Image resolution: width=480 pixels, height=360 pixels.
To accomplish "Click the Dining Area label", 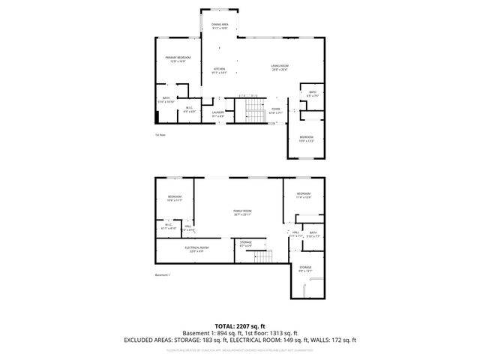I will pyautogui.click(x=220, y=26).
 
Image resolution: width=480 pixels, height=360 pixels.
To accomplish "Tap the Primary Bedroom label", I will pyautogui.click(x=178, y=59).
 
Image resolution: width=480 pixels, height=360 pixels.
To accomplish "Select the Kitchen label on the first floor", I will pyautogui.click(x=219, y=70).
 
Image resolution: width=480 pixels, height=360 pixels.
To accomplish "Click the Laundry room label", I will pyautogui.click(x=218, y=114).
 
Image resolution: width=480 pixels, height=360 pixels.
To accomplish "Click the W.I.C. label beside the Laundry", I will pyautogui.click(x=190, y=109).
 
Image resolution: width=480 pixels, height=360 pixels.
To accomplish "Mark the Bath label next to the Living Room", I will pyautogui.click(x=313, y=94).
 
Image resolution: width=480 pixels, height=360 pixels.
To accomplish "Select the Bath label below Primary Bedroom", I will pyautogui.click(x=166, y=100).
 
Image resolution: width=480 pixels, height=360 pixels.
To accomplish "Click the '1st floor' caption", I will pyautogui.click(x=160, y=135).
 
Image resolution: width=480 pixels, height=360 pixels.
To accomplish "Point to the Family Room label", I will pyautogui.click(x=241, y=213).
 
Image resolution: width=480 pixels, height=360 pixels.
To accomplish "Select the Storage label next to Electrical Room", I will pyautogui.click(x=246, y=243).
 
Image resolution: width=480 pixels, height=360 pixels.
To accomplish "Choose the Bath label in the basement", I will pyautogui.click(x=313, y=234).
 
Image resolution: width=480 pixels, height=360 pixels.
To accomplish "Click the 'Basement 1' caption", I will pyautogui.click(x=163, y=275).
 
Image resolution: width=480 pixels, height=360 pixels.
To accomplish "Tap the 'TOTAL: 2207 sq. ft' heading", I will pyautogui.click(x=240, y=326).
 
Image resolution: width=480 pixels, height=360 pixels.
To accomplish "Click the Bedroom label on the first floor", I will pyautogui.click(x=307, y=138).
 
